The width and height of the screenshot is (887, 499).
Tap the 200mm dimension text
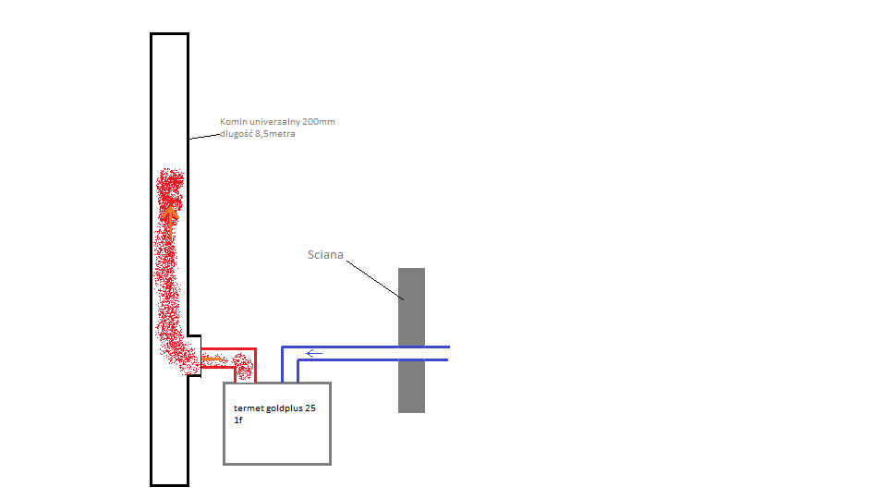[319, 122]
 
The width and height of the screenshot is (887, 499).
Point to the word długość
[237, 134]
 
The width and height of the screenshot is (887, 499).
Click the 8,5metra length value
[275, 134]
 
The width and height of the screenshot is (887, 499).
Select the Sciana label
[325, 255]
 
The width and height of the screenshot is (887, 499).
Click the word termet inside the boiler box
[247, 408]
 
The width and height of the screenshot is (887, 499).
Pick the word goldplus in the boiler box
[283, 408]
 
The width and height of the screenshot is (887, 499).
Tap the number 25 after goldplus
[310, 408]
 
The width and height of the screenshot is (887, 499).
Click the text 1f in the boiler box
[238, 420]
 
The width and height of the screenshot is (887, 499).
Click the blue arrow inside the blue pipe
[314, 354]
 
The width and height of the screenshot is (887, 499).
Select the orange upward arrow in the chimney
[170, 223]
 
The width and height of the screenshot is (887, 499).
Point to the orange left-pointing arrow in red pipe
[213, 359]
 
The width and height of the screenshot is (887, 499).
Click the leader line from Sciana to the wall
[375, 280]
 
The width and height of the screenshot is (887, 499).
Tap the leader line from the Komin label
[204, 137]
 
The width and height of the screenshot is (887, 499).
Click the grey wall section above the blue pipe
[411, 307]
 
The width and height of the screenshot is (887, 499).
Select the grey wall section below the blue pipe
[411, 387]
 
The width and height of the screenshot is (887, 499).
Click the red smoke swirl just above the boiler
[244, 367]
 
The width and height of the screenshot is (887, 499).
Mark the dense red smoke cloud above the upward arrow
[170, 188]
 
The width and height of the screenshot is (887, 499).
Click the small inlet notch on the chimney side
[195, 355]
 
